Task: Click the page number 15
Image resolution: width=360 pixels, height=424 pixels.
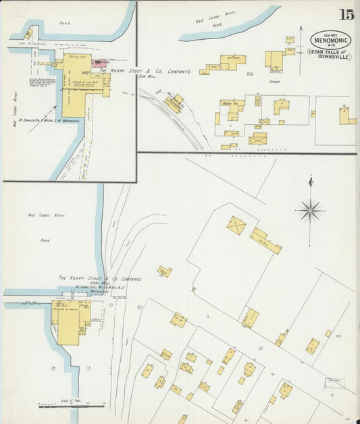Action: pos(346,14)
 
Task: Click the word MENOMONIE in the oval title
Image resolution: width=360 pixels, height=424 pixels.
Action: pos(330,40)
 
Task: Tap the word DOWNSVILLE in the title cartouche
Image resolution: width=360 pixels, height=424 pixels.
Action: pos(331,57)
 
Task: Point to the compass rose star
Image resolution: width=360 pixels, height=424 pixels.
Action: pos(310,211)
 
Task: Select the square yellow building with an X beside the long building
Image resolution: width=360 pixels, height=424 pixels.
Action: pos(236,226)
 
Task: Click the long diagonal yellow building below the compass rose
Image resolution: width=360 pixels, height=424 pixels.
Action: pos(266,241)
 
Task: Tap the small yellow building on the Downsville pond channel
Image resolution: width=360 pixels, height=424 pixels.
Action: pos(28,34)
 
